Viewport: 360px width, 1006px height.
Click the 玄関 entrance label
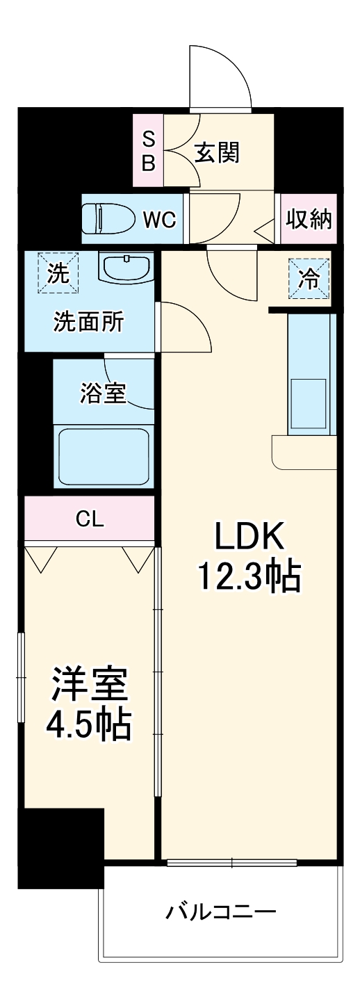pyautogui.click(x=216, y=152)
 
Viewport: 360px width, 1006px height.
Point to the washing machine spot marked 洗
pyautogui.click(x=58, y=273)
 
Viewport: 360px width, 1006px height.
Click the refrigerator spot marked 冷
pyautogui.click(x=309, y=279)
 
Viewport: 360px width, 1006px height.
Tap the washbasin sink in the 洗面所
pyautogui.click(x=126, y=267)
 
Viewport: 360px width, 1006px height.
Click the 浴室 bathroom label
pyautogui.click(x=103, y=394)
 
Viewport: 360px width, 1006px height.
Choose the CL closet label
pyautogui.click(x=90, y=519)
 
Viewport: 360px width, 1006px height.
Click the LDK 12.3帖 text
pyautogui.click(x=249, y=556)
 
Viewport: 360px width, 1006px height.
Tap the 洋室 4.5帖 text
pyautogui.click(x=89, y=704)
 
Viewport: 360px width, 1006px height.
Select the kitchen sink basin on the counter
pyautogui.click(x=308, y=405)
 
